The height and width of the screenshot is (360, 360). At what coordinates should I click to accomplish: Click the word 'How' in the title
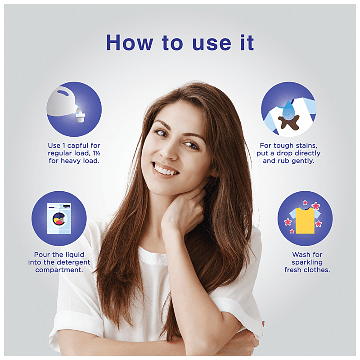[x=129, y=43]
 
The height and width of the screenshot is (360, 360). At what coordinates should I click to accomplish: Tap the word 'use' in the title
[x=211, y=44]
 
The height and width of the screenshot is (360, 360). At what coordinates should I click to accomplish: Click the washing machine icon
[x=59, y=218]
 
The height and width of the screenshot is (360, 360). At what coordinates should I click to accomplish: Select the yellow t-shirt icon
[x=305, y=220]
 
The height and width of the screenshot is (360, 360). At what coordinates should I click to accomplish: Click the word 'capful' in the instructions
[x=78, y=146]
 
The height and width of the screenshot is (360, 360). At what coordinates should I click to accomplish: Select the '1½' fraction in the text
[x=96, y=153]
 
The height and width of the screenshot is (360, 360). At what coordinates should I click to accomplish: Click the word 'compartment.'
[x=59, y=270]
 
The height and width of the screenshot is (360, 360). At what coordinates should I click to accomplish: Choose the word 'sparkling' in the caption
[x=307, y=262]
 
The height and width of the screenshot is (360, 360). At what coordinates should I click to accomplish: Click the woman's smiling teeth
[x=165, y=170]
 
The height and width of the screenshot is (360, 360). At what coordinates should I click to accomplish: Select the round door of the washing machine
[x=59, y=219]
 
